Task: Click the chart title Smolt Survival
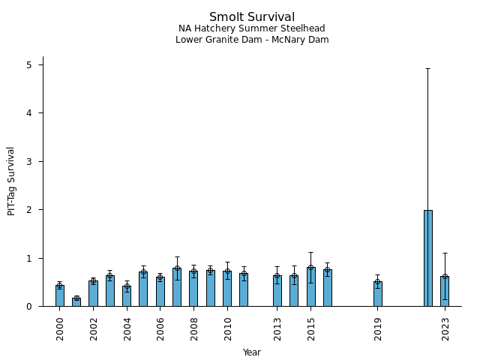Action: [x=251, y=17]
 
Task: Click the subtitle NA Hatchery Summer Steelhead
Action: [x=251, y=28]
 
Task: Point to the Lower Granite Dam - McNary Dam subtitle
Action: [x=251, y=40]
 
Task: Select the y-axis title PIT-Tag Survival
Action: [x=11, y=181]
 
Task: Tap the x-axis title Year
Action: [x=251, y=352]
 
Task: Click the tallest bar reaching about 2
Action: [x=427, y=259]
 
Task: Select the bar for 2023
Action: [x=445, y=291]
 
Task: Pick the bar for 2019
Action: [x=377, y=294]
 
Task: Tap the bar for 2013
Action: [x=277, y=290]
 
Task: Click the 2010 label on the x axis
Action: [x=227, y=328]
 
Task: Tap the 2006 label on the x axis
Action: [x=160, y=328]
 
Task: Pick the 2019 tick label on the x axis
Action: [x=378, y=328]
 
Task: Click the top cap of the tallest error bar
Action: [x=427, y=68]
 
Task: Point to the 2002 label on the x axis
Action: [x=94, y=328]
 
